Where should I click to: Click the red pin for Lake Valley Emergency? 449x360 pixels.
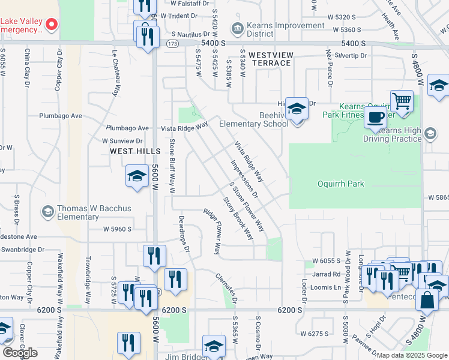point(52,25)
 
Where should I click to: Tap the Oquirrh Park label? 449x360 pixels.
point(341,184)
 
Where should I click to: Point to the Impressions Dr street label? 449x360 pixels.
point(244,179)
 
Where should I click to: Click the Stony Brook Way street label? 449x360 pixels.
point(238,218)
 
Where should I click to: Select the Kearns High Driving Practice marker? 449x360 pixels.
point(430,133)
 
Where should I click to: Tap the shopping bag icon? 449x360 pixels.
point(426,300)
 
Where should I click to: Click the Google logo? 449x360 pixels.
point(20,353)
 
